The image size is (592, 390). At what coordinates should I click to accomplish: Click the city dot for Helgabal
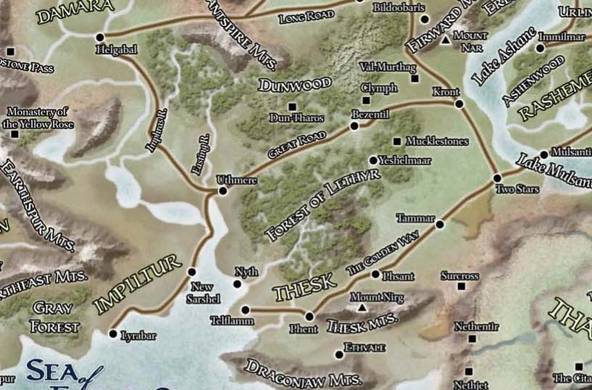[100, 37]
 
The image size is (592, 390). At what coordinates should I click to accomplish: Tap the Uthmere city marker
[222, 191]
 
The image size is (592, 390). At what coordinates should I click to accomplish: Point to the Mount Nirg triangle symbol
[360, 308]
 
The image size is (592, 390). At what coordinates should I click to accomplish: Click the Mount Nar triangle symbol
[446, 41]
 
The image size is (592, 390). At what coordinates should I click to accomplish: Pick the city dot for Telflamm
[244, 310]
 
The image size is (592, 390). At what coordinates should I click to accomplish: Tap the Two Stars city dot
[497, 178]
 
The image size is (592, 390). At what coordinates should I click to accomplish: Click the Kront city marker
[459, 104]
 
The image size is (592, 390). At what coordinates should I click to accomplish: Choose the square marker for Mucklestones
[396, 141]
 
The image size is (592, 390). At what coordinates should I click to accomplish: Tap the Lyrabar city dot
[112, 334]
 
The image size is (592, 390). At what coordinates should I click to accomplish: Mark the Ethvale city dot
[338, 354]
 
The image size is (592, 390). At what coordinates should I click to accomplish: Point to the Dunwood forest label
[295, 85]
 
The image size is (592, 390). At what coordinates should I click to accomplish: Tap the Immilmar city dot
[540, 48]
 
